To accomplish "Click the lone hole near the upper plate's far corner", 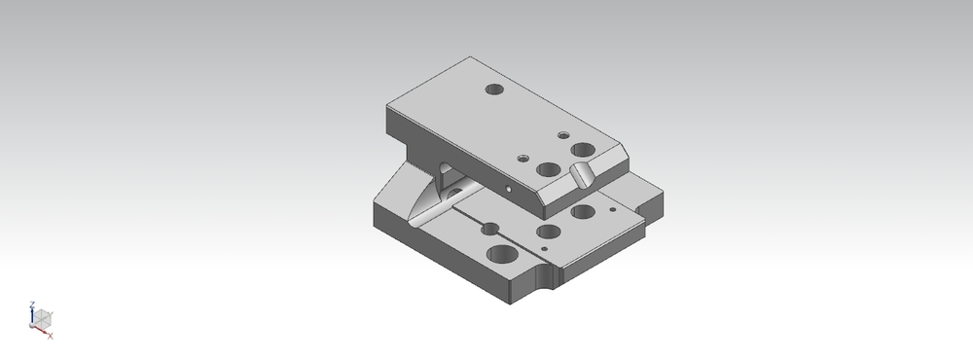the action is (x=494, y=90).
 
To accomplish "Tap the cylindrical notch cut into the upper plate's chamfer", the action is (x=582, y=174).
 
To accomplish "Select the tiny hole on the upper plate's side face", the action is (x=509, y=189).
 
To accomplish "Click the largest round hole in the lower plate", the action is (x=502, y=255).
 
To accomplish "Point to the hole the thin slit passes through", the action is (x=490, y=229).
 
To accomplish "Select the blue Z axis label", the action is (x=32, y=305).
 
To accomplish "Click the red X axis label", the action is (x=51, y=337).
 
